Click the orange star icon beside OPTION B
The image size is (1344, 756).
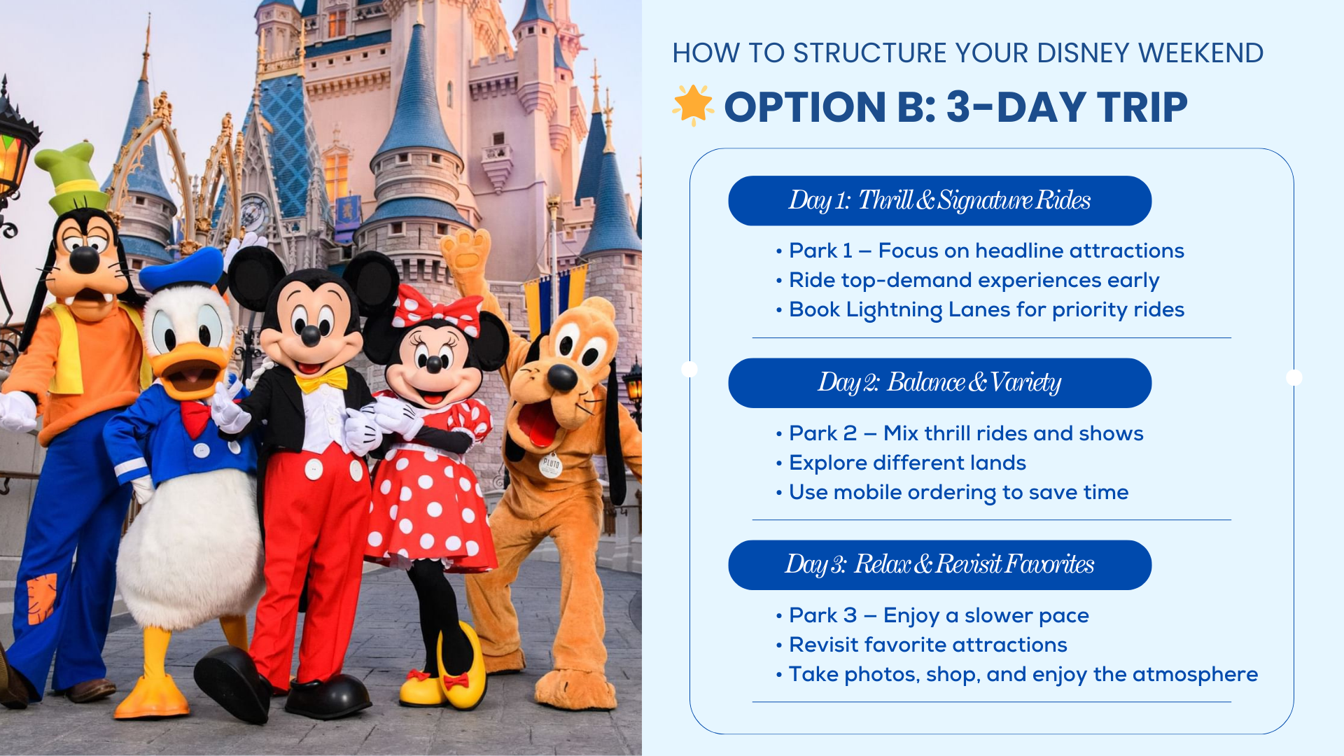pyautogui.click(x=692, y=105)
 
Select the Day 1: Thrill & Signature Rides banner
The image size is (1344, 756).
pyautogui.click(x=939, y=201)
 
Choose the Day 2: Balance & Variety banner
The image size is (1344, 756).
pyautogui.click(x=939, y=383)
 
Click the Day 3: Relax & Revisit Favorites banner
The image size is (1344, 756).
pyautogui.click(x=939, y=565)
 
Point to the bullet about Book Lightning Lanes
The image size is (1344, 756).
pyautogui.click(x=986, y=309)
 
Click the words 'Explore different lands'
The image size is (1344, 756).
pyautogui.click(x=907, y=463)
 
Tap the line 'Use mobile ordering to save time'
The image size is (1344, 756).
pyautogui.click(x=958, y=492)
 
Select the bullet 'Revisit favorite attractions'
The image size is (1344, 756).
pyautogui.click(x=927, y=645)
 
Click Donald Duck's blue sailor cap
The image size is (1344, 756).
pyautogui.click(x=182, y=269)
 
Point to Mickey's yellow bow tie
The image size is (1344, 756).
pyautogui.click(x=321, y=381)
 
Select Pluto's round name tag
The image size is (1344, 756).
pyautogui.click(x=551, y=464)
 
